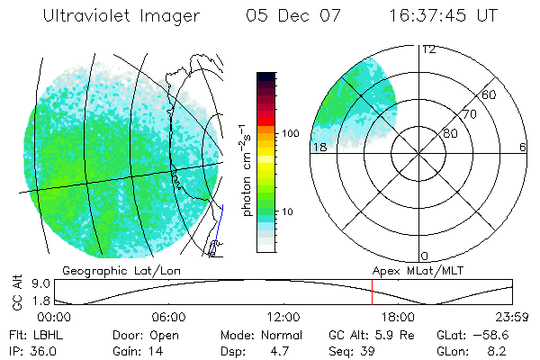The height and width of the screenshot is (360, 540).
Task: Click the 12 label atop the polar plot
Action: coord(428,49)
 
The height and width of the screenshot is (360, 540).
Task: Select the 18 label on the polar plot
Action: coord(319,148)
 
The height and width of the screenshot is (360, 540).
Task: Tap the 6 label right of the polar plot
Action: coord(523,148)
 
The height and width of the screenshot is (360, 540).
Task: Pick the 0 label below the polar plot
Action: coord(425,256)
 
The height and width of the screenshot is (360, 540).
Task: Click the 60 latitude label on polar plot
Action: coord(489,94)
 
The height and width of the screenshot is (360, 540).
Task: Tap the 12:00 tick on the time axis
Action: coord(283,317)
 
